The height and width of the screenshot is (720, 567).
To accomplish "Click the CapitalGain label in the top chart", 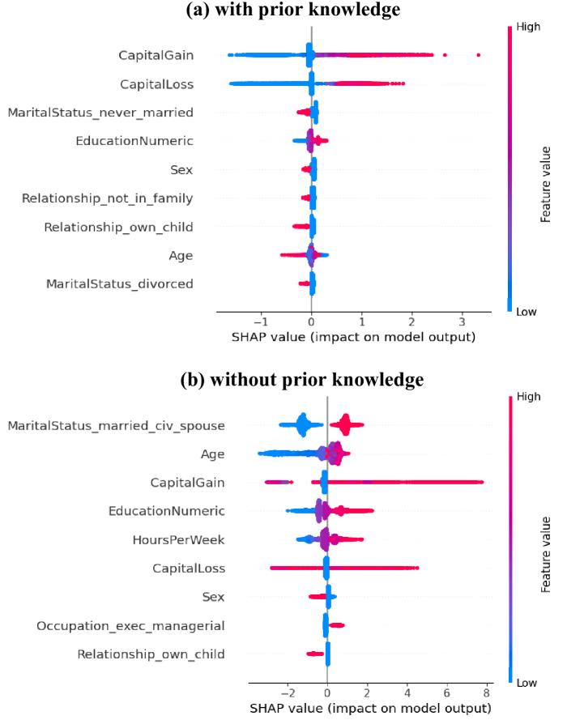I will [x=156, y=55].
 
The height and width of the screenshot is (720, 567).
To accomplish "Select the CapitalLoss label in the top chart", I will [x=156, y=83].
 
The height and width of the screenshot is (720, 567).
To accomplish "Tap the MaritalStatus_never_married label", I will [x=100, y=112].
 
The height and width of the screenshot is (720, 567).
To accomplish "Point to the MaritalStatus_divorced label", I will [x=120, y=283].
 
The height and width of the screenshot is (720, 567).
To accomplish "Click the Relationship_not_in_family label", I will [x=108, y=198].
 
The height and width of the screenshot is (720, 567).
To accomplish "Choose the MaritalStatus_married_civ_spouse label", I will [x=116, y=425].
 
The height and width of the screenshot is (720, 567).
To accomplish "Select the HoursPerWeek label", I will [x=178, y=539].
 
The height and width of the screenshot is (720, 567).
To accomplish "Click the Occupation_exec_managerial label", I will [x=130, y=625].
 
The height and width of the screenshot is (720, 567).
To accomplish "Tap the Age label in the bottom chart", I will [x=213, y=454].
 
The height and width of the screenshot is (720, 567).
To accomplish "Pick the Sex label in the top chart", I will [x=181, y=169].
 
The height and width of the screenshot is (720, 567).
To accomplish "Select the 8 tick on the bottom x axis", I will [x=486, y=693].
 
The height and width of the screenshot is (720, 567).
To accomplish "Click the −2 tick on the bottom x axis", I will [x=286, y=693].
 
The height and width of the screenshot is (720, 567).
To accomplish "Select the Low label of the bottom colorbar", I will [x=526, y=683].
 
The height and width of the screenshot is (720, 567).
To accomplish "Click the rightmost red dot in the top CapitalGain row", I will [x=479, y=55].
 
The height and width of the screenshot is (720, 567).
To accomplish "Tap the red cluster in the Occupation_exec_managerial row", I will [x=336, y=625].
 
